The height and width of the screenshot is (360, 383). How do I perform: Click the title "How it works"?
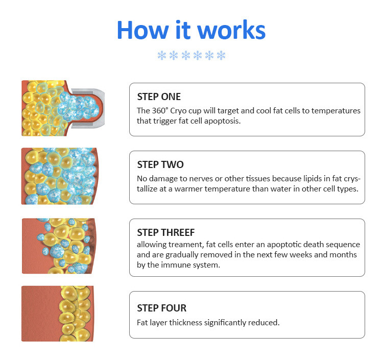pos(191,30)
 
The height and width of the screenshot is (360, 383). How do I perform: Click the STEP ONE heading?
pos(159,97)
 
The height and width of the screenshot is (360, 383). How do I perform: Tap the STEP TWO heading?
pos(160,164)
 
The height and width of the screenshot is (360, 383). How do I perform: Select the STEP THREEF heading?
pos(166,232)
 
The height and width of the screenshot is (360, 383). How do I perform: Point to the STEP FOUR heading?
pos(162,308)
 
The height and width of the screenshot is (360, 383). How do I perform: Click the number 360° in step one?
pos(160,111)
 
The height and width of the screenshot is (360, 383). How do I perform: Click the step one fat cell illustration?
pos(63,108)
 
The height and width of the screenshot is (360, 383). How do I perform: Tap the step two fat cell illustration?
pos(60,176)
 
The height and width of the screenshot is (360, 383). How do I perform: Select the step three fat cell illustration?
pos(59,246)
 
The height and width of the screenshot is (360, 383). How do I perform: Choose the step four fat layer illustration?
pos(58,314)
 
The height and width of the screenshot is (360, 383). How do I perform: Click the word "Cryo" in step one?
pos(178,111)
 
